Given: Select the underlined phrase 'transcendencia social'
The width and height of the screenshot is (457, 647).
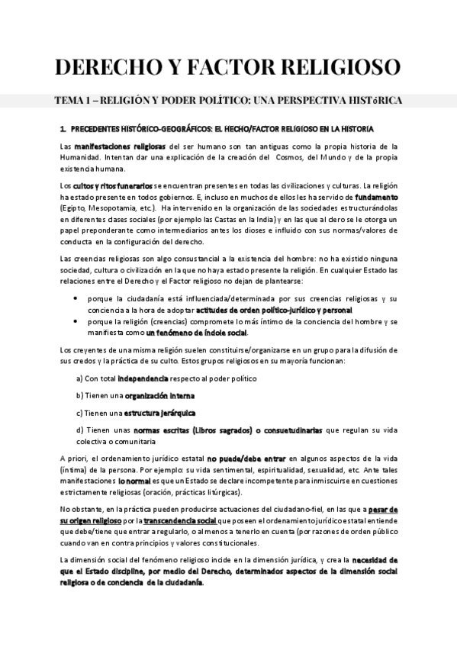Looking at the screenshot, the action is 179,520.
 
